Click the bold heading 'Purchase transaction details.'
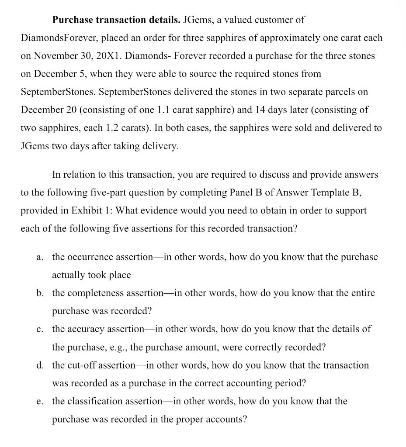(116, 20)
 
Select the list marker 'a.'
(40, 257)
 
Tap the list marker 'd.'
(40, 365)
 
